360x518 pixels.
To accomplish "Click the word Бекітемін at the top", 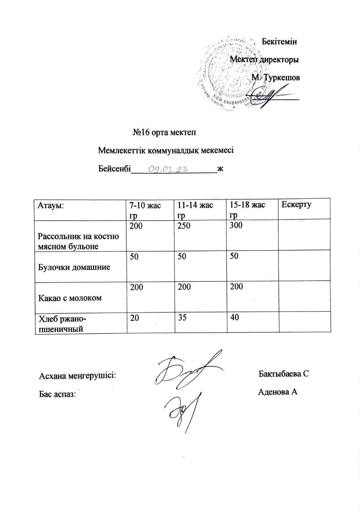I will (x=279, y=41).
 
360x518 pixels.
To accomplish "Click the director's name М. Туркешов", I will (x=276, y=78).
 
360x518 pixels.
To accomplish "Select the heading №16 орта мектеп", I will (x=164, y=132).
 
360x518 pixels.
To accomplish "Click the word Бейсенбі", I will (x=114, y=169).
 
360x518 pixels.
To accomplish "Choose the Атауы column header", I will (x=51, y=205).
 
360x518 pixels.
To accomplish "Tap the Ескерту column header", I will (x=296, y=204).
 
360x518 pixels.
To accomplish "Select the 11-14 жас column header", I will (x=195, y=205).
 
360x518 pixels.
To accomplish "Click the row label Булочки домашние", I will (x=74, y=267).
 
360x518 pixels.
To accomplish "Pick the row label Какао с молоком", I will (x=70, y=298).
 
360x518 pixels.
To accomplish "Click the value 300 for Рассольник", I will (x=236, y=225).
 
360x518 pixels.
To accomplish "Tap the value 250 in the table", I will (x=184, y=225).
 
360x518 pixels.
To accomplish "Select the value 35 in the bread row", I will (x=182, y=317).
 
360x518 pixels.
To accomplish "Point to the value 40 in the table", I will (x=235, y=317).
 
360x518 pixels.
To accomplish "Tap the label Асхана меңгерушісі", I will (x=77, y=376).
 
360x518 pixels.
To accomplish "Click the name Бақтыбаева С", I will (x=284, y=374).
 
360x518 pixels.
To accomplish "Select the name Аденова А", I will (x=278, y=392).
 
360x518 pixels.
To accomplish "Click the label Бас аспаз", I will (x=57, y=394).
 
